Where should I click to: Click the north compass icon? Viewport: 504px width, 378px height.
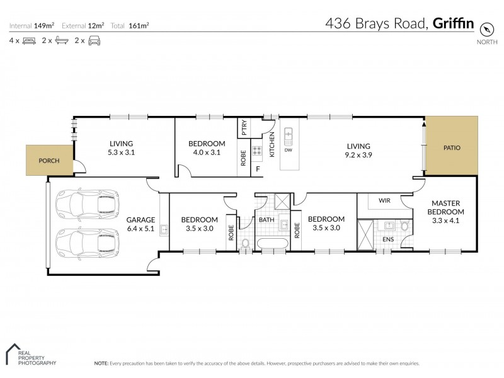tap(486, 29)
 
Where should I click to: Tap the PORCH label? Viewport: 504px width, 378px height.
tap(49, 161)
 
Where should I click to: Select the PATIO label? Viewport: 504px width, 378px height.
tap(452, 148)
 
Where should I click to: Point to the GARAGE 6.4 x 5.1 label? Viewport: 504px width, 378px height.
tap(140, 224)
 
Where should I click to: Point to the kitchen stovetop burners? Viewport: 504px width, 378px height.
tap(257, 151)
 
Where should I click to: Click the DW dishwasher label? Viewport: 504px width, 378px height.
tap(289, 150)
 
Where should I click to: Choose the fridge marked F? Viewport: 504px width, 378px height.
tap(258, 168)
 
